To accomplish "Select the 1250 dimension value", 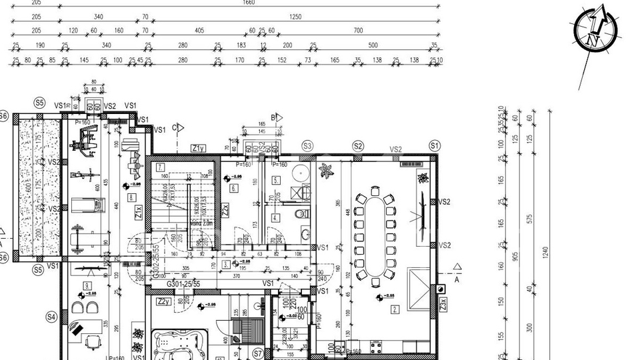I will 295,17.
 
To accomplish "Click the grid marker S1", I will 435,145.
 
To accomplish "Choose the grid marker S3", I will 307,145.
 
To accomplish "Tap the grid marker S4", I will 51,317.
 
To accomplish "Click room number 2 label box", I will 395,309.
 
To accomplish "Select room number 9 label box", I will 86,286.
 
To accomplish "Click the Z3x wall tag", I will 443,304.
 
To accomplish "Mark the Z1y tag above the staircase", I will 198,148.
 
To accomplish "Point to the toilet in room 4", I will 301,213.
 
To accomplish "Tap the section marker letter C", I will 174,127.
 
